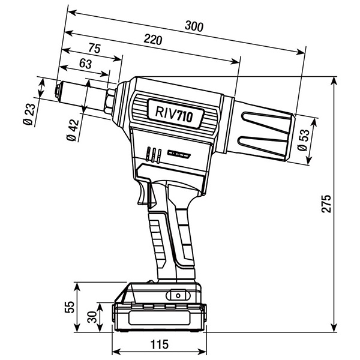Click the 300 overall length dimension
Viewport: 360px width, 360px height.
194,27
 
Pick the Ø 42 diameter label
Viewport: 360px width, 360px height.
73,129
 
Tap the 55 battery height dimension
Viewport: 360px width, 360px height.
70,307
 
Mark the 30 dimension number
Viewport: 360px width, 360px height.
92,316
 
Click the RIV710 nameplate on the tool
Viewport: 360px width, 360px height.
174,113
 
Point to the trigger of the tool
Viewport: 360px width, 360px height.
144,195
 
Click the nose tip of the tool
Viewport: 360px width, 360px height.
56,92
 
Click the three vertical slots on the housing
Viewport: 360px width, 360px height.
154,155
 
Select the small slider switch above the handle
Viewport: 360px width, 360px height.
178,155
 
